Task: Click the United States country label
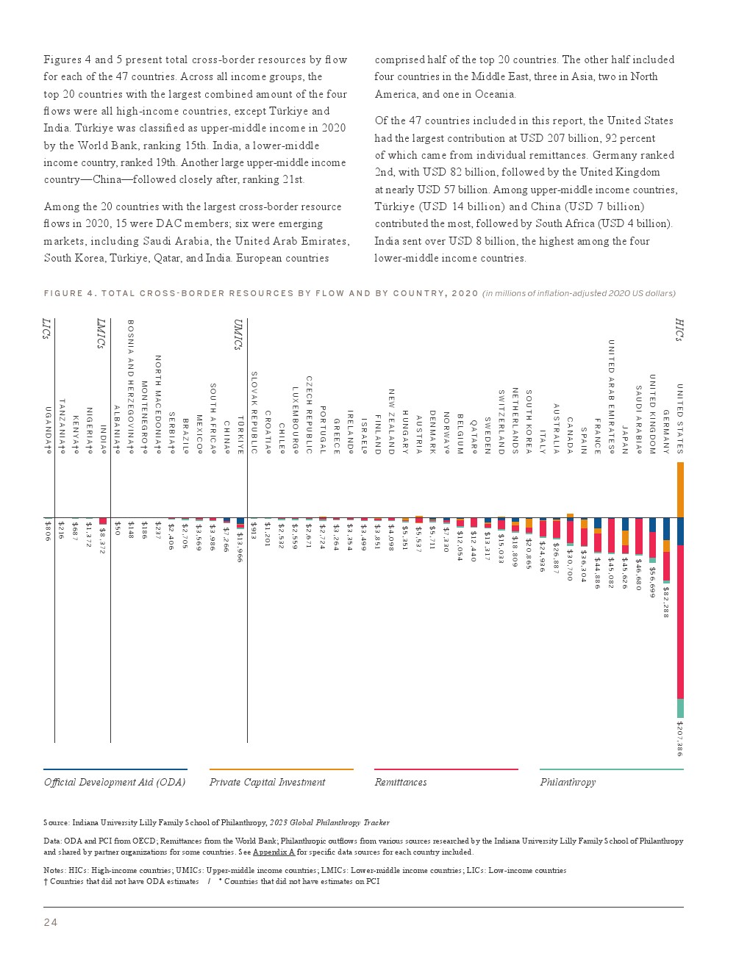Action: [x=680, y=418]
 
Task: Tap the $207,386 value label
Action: [x=680, y=738]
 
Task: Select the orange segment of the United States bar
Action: [x=680, y=489]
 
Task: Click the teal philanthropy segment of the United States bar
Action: [x=680, y=708]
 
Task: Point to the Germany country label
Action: [x=666, y=431]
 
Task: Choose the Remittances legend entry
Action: [x=401, y=782]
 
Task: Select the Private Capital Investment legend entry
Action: [x=267, y=782]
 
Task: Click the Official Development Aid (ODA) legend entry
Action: [x=115, y=782]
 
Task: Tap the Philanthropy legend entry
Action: [x=568, y=782]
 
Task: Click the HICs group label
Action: [x=679, y=329]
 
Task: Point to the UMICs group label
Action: [x=238, y=334]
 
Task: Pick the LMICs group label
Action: [x=101, y=334]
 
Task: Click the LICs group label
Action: [x=46, y=328]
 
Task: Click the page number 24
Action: [x=50, y=923]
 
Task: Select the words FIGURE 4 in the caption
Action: [x=70, y=293]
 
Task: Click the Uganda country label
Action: [x=49, y=430]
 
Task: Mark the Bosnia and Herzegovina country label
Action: [x=131, y=387]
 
